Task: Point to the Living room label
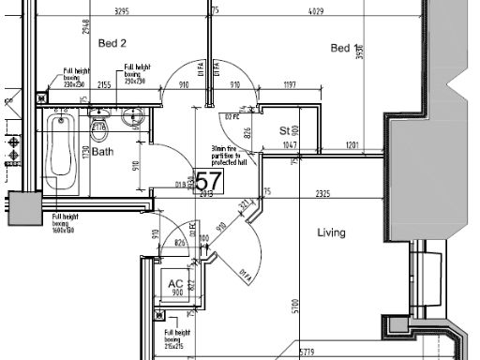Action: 332,232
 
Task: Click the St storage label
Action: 284,131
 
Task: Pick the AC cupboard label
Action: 175,284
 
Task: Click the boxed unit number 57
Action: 207,180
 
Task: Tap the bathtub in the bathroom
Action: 62,150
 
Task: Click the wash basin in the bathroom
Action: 132,115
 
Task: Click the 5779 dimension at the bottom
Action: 306,352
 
